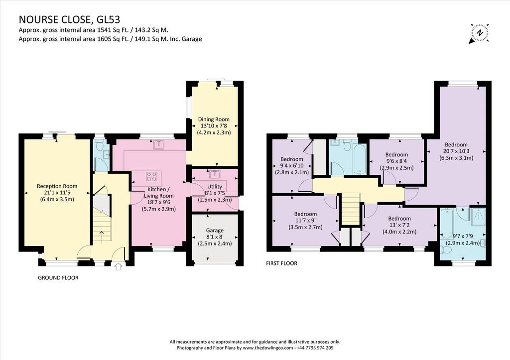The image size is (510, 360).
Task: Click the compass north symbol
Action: coord(479,33)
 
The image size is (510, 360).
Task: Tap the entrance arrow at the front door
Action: coord(119,267)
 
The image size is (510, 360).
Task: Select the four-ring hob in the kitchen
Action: coord(151,176)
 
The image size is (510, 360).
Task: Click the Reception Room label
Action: coord(57,186)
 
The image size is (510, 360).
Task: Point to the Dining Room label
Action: coord(214,120)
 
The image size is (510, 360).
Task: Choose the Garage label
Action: coord(215,230)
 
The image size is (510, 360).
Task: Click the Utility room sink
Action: coord(215,175)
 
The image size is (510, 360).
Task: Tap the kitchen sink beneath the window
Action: coord(159,145)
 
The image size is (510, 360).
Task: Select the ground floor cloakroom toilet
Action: coord(99,146)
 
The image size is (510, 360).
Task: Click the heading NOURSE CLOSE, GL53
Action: coord(69,19)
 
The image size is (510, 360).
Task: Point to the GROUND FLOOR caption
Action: coord(58,278)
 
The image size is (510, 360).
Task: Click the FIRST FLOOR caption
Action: coord(282,263)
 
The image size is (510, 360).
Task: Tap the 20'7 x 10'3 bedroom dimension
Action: coord(456,151)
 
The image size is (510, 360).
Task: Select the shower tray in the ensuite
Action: coord(478,217)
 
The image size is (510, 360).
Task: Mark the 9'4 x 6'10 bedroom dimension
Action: coord(292,166)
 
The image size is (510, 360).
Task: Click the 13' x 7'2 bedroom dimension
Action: coord(399,225)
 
